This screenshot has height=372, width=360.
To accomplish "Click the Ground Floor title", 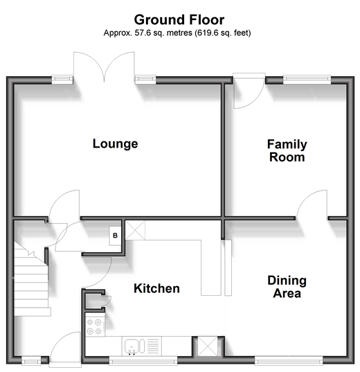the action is click(x=179, y=19).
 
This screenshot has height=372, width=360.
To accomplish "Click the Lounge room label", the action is click(x=115, y=144).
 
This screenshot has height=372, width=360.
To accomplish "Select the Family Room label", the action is click(x=287, y=150).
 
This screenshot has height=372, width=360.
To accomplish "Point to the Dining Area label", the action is click(x=287, y=287).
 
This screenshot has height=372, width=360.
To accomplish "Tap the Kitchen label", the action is click(x=156, y=288).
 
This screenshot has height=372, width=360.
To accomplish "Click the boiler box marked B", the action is click(x=115, y=236).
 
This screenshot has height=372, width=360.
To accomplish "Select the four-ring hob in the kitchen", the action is click(x=95, y=327).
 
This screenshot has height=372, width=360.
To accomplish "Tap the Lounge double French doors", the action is click(x=104, y=67).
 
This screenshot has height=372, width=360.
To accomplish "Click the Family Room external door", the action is click(x=249, y=91).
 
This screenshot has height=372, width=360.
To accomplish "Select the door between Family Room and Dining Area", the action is click(x=312, y=205).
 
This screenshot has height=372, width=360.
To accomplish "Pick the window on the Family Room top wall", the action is click(x=307, y=80).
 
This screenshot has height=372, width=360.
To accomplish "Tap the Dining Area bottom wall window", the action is click(x=289, y=360).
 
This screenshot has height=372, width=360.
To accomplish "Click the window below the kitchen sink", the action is click(x=143, y=360).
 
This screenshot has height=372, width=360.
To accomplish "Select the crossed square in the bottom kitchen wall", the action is click(x=208, y=346).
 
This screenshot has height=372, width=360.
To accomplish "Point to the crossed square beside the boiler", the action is click(x=135, y=230).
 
